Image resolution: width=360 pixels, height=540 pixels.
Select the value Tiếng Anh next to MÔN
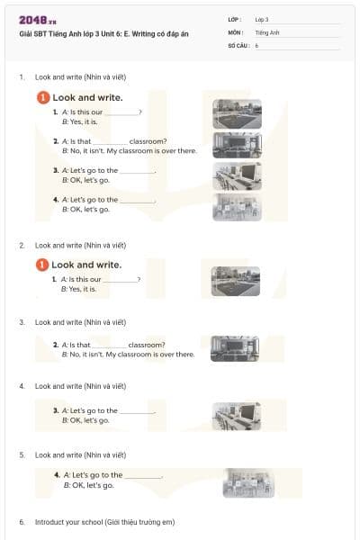(x=267, y=31)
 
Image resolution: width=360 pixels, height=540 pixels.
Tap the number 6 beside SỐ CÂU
(x=256, y=44)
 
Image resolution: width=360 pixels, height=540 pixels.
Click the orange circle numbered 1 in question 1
(x=41, y=97)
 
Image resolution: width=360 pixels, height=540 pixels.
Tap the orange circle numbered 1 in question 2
(x=41, y=265)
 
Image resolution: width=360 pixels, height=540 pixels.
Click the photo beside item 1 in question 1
(x=237, y=113)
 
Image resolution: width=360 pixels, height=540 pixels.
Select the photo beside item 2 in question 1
(x=237, y=145)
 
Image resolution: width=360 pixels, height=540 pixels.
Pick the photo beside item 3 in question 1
(x=237, y=175)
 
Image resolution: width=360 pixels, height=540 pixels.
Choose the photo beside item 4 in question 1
(x=237, y=206)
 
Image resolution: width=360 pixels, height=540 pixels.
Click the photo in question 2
(x=235, y=281)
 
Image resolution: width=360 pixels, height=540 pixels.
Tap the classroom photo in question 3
(x=235, y=348)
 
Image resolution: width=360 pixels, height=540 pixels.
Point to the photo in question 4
(x=236, y=415)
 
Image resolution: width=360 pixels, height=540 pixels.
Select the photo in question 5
(x=248, y=482)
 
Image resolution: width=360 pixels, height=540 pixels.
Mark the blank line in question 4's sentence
(x=137, y=411)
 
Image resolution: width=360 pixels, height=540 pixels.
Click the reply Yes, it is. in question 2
(x=78, y=289)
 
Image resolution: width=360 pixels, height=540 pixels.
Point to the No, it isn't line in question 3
(x=128, y=355)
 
